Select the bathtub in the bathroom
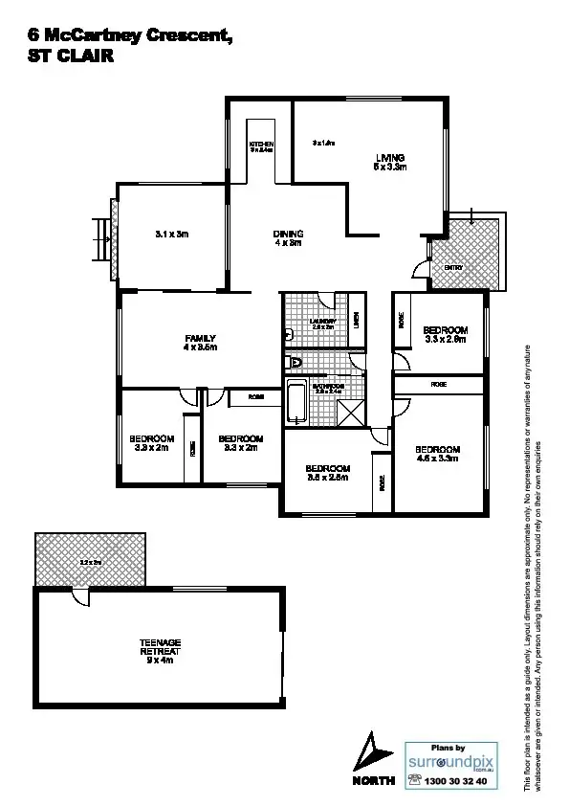295,402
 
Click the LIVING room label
390,162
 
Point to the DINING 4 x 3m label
288,238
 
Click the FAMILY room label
200,342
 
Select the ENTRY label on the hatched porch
453,268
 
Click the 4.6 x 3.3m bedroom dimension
439,459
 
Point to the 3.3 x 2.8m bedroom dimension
445,339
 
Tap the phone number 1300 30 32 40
454,781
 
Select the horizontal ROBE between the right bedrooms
439,384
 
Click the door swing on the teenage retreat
83,596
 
